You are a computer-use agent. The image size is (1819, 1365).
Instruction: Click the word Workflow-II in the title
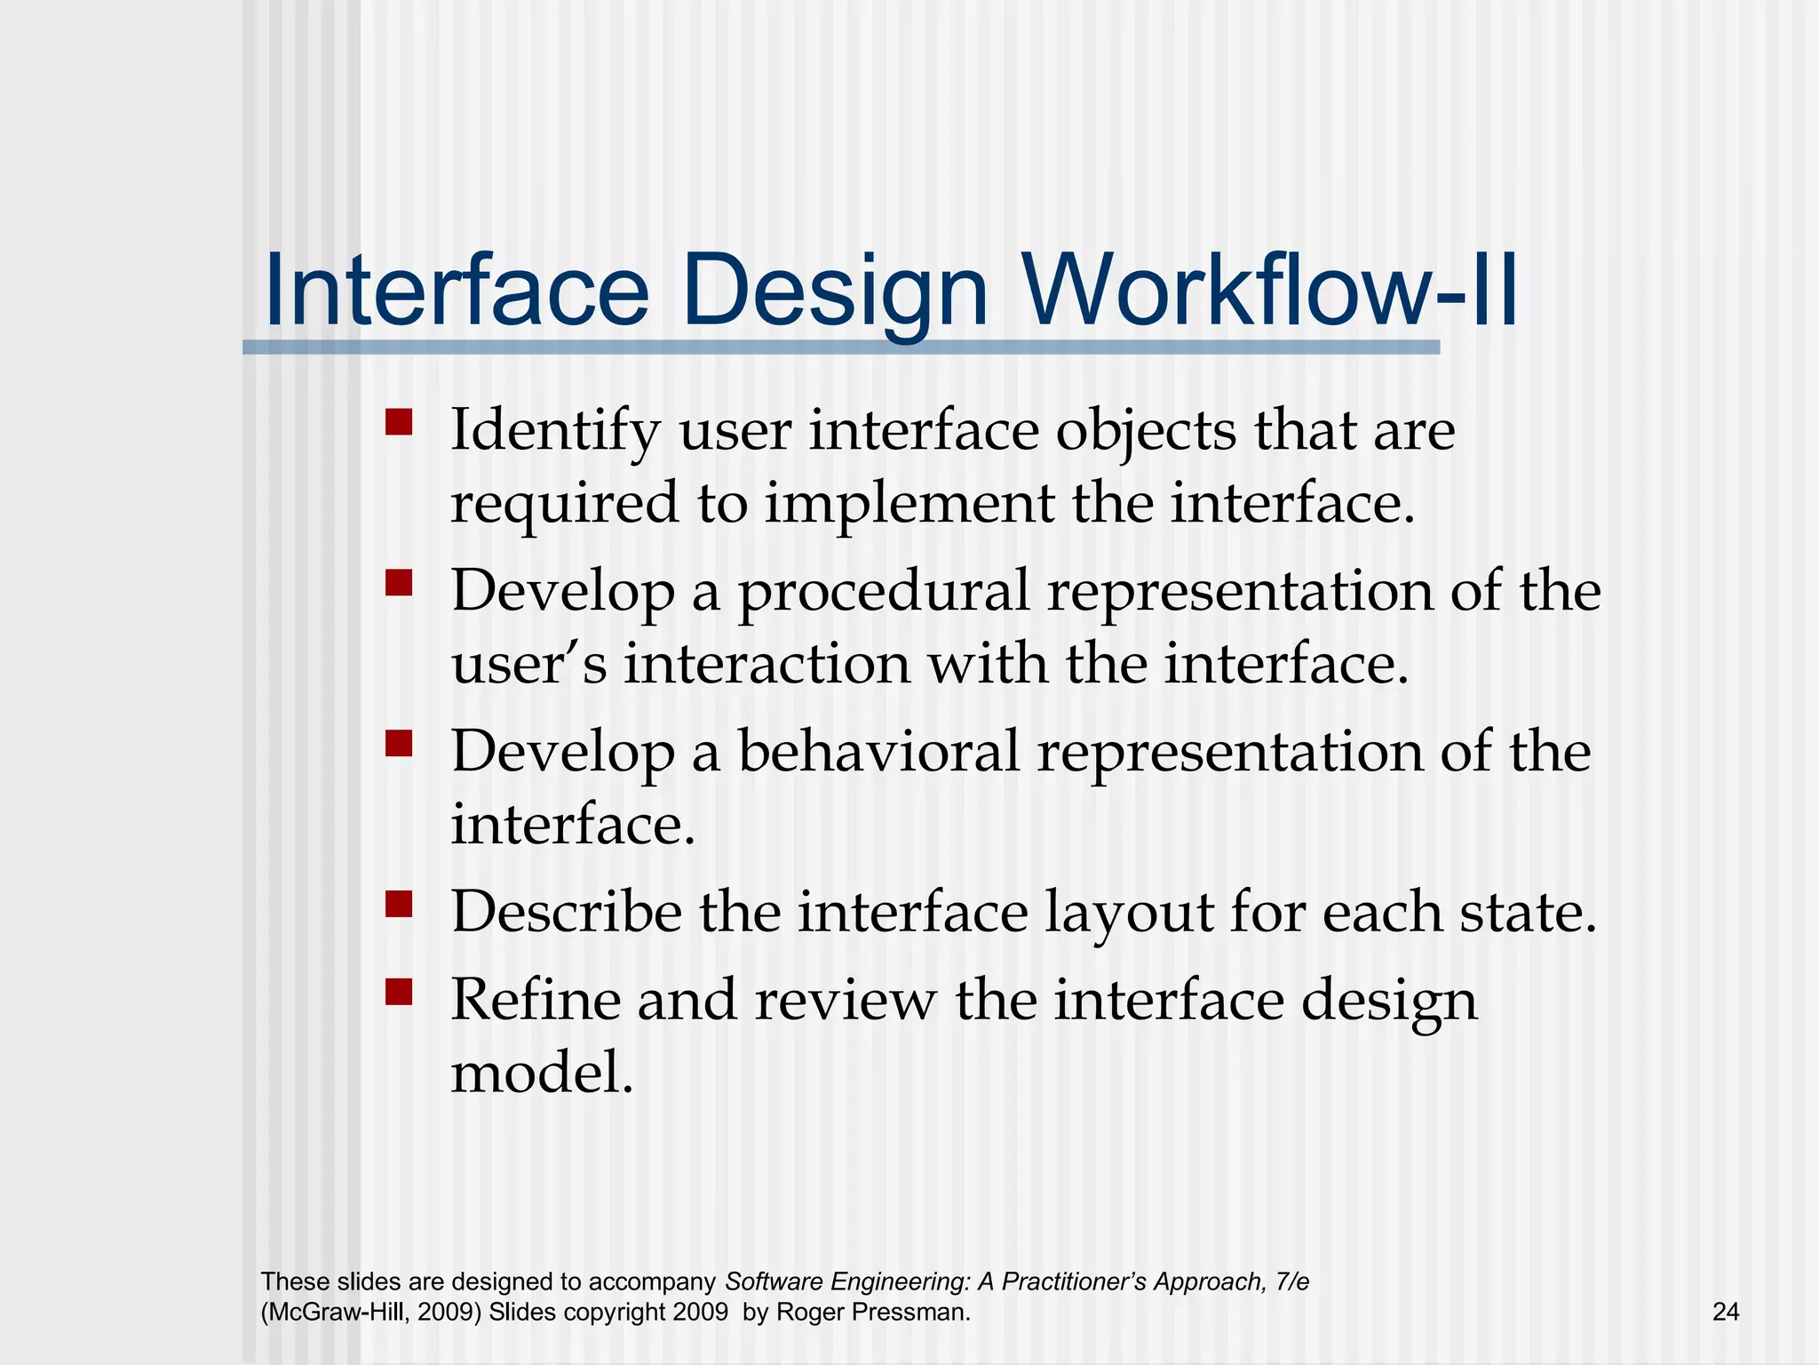pyautogui.click(x=1270, y=291)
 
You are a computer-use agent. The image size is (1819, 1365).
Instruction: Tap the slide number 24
pyautogui.click(x=1725, y=1312)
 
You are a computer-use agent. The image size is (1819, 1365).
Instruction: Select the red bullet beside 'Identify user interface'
pyautogui.click(x=399, y=421)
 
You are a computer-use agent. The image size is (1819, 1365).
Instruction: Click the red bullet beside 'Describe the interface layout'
pyautogui.click(x=399, y=904)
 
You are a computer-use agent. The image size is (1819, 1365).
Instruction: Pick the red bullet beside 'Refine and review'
pyautogui.click(x=399, y=992)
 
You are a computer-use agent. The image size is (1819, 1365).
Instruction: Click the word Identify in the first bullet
pyautogui.click(x=555, y=432)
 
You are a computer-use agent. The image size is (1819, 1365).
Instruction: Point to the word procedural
pyautogui.click(x=883, y=592)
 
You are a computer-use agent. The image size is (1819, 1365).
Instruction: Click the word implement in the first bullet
pyautogui.click(x=909, y=503)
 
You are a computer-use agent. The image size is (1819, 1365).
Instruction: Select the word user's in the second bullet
pyautogui.click(x=528, y=665)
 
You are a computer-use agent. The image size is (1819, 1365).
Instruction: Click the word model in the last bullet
pyautogui.click(x=541, y=1073)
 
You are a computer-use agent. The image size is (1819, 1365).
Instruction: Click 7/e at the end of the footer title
pyautogui.click(x=1291, y=1281)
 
